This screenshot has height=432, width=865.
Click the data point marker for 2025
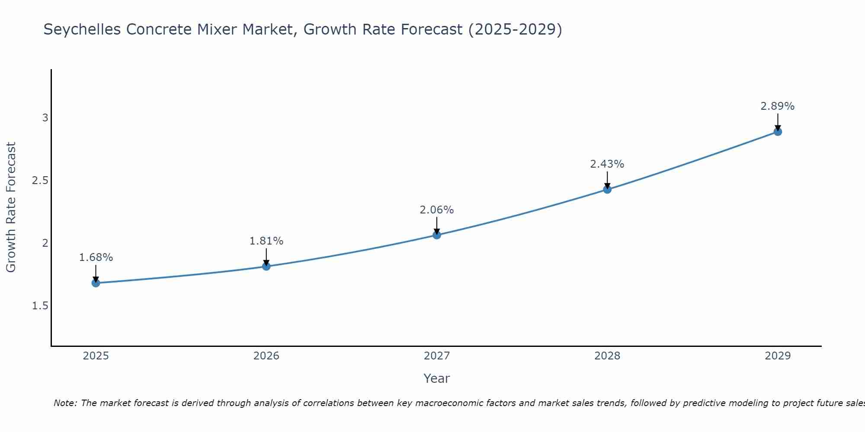pos(96,283)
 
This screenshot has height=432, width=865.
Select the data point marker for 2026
pos(266,267)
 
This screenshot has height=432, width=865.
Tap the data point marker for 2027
pos(437,235)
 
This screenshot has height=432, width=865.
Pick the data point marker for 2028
pos(607,189)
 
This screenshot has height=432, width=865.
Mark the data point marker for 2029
pos(778,132)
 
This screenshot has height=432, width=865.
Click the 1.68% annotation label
pos(96,257)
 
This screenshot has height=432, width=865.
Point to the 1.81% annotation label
pos(266,241)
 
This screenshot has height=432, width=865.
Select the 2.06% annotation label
pos(437,210)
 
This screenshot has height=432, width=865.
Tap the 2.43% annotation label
pos(607,164)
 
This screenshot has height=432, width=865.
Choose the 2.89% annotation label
pos(778,106)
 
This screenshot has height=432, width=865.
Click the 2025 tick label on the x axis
pos(96,356)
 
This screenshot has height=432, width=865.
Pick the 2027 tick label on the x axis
pos(437,356)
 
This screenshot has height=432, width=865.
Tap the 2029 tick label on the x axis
pos(778,356)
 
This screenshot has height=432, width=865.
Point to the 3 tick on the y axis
pos(45,118)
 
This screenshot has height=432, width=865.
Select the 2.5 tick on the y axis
pos(40,181)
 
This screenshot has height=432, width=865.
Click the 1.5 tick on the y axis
pos(40,306)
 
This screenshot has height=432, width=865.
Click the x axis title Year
pos(437,378)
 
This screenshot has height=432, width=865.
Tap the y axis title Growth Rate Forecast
pos(11,207)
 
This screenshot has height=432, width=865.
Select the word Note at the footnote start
pos(65,403)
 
